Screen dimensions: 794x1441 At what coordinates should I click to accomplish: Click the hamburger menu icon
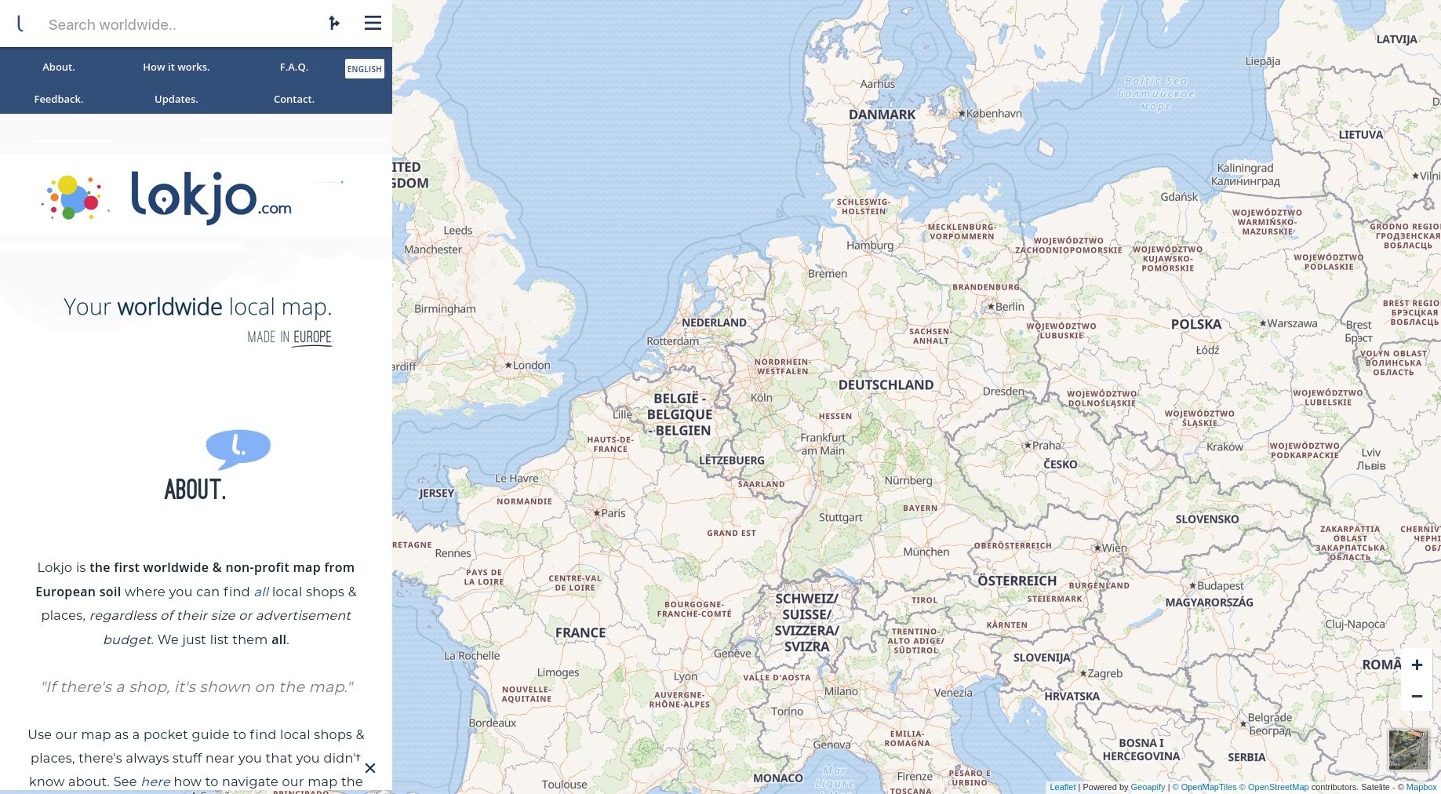tap(373, 24)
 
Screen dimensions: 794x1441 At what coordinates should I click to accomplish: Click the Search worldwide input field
tap(180, 24)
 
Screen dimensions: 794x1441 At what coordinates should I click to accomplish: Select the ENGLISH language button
tap(364, 69)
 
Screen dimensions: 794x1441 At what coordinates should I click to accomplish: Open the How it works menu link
tap(176, 67)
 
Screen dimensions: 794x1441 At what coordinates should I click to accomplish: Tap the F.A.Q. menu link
tap(293, 67)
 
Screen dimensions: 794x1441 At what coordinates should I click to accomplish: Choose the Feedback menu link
tap(59, 100)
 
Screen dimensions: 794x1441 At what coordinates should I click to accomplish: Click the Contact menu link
tap(293, 100)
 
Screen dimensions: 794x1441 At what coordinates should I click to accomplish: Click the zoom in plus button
tap(1417, 665)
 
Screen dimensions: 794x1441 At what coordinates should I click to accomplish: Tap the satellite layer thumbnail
tap(1408, 749)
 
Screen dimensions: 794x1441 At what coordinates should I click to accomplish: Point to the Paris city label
tap(613, 513)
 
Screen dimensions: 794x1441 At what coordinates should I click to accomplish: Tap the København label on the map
tap(993, 114)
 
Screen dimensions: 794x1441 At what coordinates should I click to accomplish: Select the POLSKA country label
tap(1195, 324)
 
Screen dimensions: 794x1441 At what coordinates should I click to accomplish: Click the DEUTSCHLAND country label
tap(886, 385)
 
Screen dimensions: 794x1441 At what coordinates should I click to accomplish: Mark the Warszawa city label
tap(1292, 323)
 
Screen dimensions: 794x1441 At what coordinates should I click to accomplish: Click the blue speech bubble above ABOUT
tap(238, 448)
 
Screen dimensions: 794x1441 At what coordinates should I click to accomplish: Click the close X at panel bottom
tap(370, 768)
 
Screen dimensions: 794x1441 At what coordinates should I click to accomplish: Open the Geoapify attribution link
tap(1147, 787)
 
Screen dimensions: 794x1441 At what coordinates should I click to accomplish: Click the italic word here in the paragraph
tap(155, 782)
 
